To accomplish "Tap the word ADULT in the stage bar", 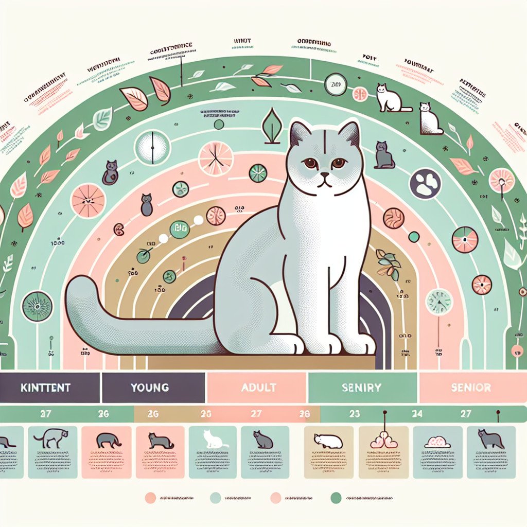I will tap(259, 387).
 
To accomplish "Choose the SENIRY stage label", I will tap(362, 387).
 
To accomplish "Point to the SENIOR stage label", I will tap(470, 387).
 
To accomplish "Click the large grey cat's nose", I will tap(323, 176).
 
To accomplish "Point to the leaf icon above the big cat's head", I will tap(271, 127).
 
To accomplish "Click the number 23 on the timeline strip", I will tap(355, 413).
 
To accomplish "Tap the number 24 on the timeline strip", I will tap(417, 413).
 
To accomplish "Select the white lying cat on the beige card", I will tap(328, 441).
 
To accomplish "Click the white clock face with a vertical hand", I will tap(152, 148).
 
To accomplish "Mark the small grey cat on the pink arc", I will tap(147, 205).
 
